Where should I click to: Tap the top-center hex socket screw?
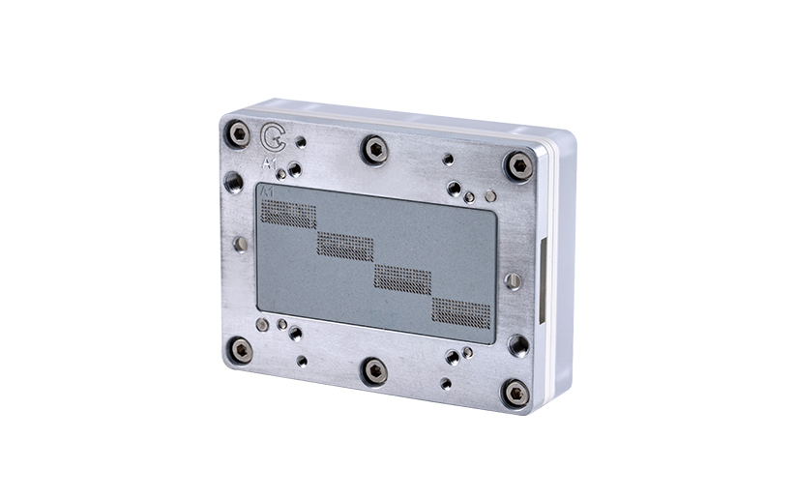(374, 149)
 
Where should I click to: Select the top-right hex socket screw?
(519, 165)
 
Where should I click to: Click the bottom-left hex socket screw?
(240, 349)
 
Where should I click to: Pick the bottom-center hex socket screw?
(374, 370)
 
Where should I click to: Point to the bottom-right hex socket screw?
(516, 392)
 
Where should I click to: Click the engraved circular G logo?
(273, 137)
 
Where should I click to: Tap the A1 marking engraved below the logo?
(271, 161)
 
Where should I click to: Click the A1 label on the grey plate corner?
(268, 194)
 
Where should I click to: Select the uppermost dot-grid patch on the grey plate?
(288, 215)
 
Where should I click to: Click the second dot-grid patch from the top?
(344, 246)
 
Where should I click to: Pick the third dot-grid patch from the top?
(402, 278)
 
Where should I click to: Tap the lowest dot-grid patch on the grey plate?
(460, 311)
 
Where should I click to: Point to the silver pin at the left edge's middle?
(241, 244)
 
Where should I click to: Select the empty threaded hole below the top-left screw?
(233, 181)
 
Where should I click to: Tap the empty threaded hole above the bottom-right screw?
(518, 344)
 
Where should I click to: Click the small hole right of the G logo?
(301, 141)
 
